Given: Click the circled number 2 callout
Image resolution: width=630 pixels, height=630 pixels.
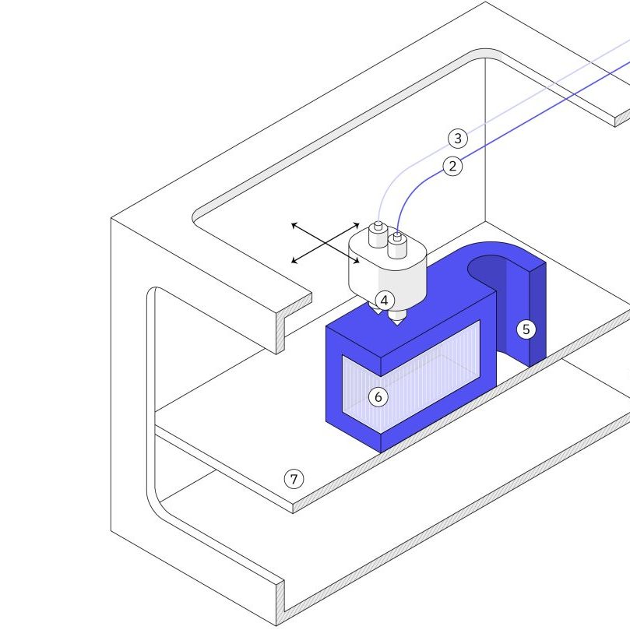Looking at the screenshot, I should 453,165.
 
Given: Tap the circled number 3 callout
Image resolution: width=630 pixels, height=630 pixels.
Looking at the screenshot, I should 458,139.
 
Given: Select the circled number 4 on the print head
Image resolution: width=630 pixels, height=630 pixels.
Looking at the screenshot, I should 385,300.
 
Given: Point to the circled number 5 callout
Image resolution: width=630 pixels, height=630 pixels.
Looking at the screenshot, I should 526,329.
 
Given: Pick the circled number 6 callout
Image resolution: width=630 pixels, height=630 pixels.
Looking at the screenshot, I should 378,397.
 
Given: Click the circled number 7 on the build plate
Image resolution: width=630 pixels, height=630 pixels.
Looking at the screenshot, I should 294,479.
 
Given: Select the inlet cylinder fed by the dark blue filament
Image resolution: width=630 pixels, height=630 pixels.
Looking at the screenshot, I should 397,246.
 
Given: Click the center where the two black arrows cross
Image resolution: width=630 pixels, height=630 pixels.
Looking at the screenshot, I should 325,243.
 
